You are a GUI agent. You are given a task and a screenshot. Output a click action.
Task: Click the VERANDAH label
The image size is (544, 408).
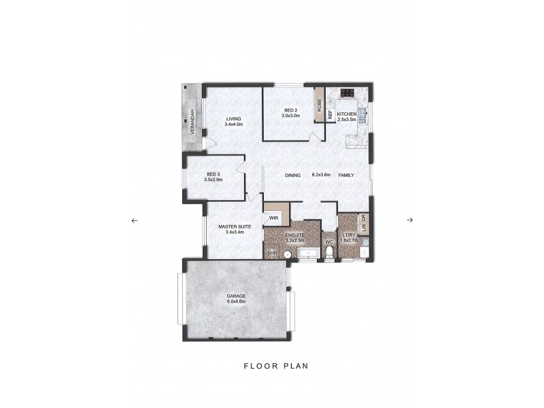click(193, 122)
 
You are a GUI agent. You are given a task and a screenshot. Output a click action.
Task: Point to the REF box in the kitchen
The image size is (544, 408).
click(330, 115)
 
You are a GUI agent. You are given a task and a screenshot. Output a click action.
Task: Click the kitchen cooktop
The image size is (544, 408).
click(346, 94)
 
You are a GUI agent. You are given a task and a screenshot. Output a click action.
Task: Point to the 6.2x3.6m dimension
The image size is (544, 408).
click(320, 175)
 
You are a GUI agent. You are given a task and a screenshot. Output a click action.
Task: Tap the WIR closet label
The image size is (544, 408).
click(273, 218)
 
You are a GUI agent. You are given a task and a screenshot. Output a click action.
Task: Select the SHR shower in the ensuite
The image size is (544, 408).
click(272, 253)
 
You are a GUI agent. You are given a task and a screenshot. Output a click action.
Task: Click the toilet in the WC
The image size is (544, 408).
click(328, 253)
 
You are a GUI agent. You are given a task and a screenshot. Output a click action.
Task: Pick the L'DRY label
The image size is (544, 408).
click(350, 236)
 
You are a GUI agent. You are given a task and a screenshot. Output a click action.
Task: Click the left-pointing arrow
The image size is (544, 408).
click(134, 220)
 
